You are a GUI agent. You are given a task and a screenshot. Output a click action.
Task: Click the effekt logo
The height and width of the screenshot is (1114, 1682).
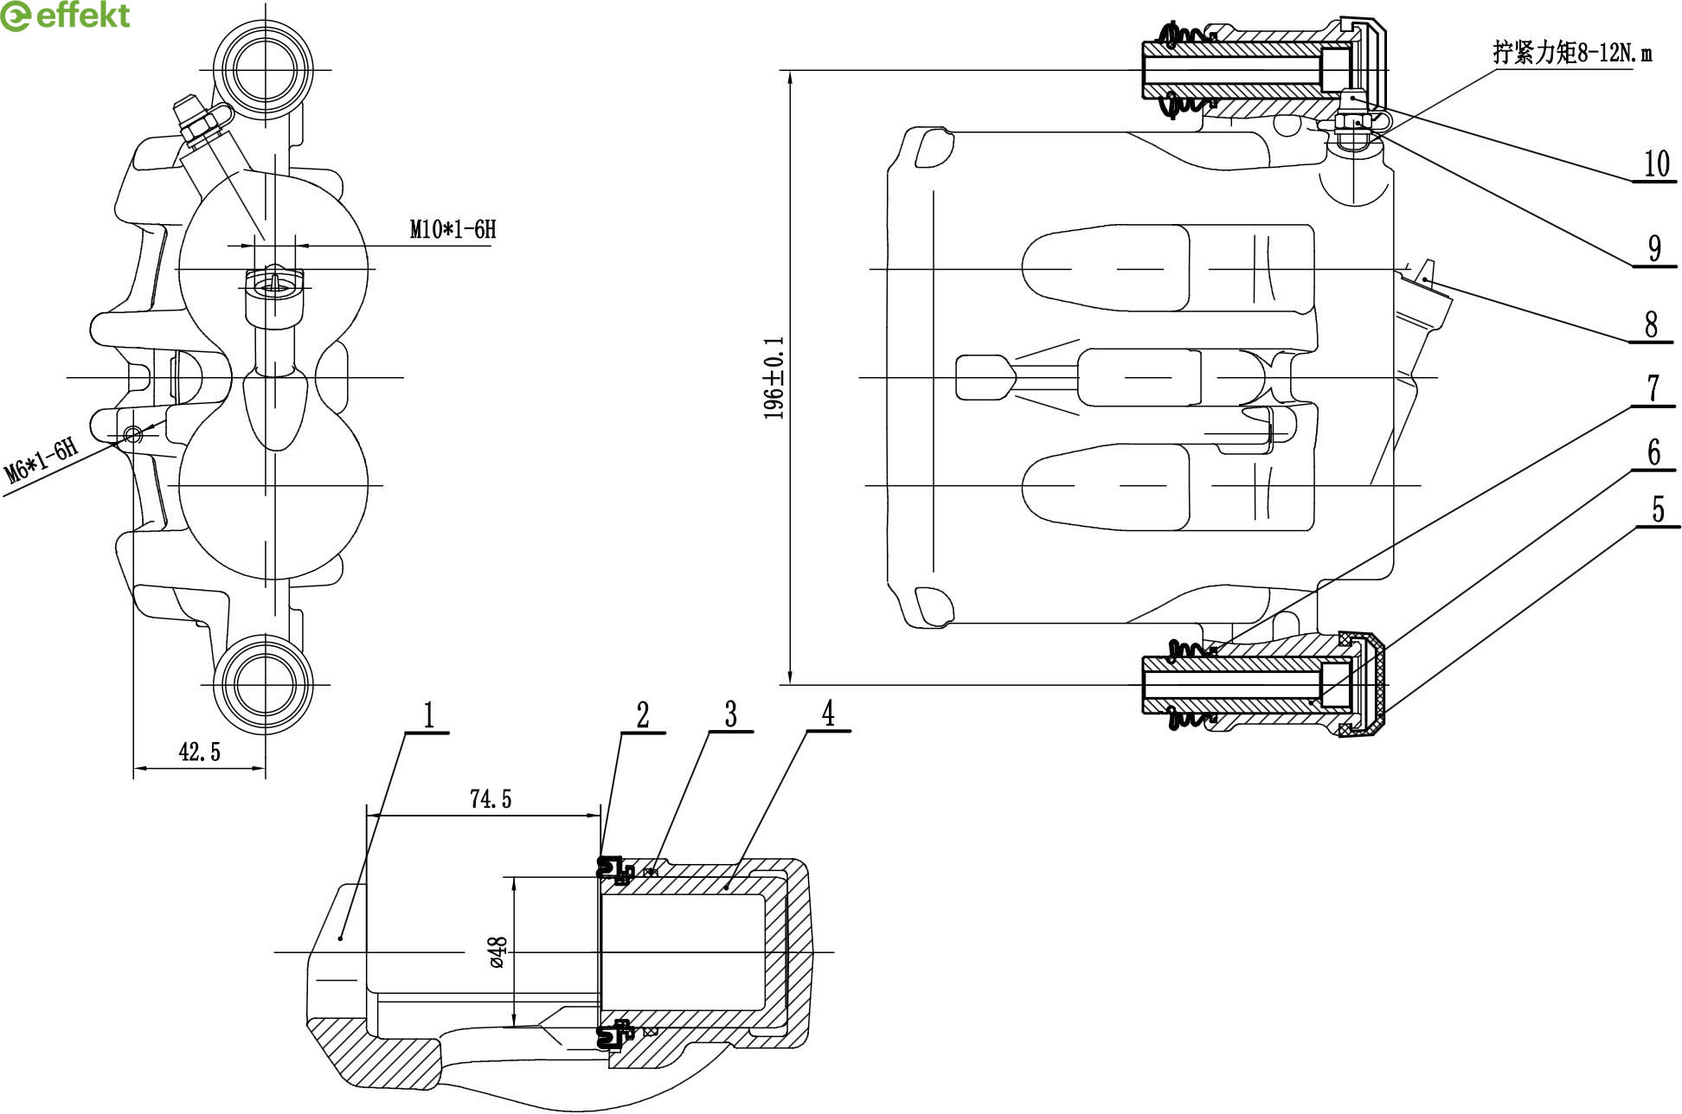pyautogui.click(x=66, y=16)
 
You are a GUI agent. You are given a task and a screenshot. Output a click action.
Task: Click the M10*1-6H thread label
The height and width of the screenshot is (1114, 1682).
pyautogui.click(x=453, y=229)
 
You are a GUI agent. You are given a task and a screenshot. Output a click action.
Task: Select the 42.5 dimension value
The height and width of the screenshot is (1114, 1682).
pyautogui.click(x=199, y=752)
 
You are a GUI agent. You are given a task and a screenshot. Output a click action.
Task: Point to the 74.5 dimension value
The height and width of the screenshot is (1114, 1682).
pyautogui.click(x=491, y=799)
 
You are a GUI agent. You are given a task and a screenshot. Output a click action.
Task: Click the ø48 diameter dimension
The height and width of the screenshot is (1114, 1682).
pyautogui.click(x=498, y=951)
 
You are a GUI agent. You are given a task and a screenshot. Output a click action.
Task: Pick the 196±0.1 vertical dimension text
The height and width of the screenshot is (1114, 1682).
pyautogui.click(x=774, y=378)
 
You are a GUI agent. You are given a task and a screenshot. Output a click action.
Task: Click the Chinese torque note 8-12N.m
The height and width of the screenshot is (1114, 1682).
pyautogui.click(x=1571, y=53)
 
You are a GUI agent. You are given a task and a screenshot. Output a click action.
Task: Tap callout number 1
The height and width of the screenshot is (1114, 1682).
pyautogui.click(x=428, y=716)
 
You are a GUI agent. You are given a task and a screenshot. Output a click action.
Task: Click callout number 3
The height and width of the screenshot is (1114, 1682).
pyautogui.click(x=731, y=715)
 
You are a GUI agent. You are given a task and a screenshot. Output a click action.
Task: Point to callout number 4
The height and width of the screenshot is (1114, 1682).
pyautogui.click(x=828, y=714)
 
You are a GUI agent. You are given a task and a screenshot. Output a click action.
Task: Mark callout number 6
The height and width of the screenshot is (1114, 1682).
pyautogui.click(x=1654, y=452)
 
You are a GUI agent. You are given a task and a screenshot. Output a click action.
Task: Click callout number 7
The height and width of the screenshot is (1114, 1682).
pyautogui.click(x=1653, y=388)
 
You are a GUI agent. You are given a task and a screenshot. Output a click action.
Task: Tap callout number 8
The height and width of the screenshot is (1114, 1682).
pyautogui.click(x=1652, y=324)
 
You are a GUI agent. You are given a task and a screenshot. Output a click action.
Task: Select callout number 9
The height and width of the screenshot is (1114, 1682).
pyautogui.click(x=1654, y=249)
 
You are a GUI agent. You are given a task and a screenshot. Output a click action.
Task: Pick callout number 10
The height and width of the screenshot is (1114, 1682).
pyautogui.click(x=1656, y=164)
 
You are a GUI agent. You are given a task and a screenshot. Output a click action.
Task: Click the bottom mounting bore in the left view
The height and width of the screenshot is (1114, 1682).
pyautogui.click(x=262, y=684)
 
